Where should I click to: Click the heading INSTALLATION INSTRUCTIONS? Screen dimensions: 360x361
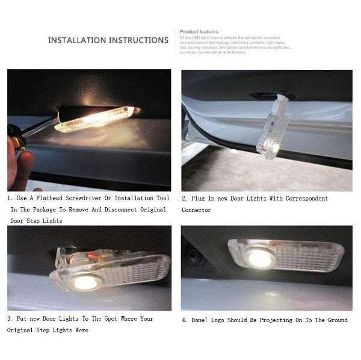pyautogui.click(x=108, y=40)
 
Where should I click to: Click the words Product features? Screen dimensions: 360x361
pyautogui.click(x=199, y=31)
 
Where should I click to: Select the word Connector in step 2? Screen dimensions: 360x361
pyautogui.click(x=196, y=209)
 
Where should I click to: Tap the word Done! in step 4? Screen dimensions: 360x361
pyautogui.click(x=200, y=320)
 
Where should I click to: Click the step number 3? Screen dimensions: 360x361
pyautogui.click(x=9, y=318)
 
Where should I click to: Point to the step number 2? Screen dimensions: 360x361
pyautogui.click(x=184, y=198)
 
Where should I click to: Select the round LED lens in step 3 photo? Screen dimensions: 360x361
pyautogui.click(x=85, y=282)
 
